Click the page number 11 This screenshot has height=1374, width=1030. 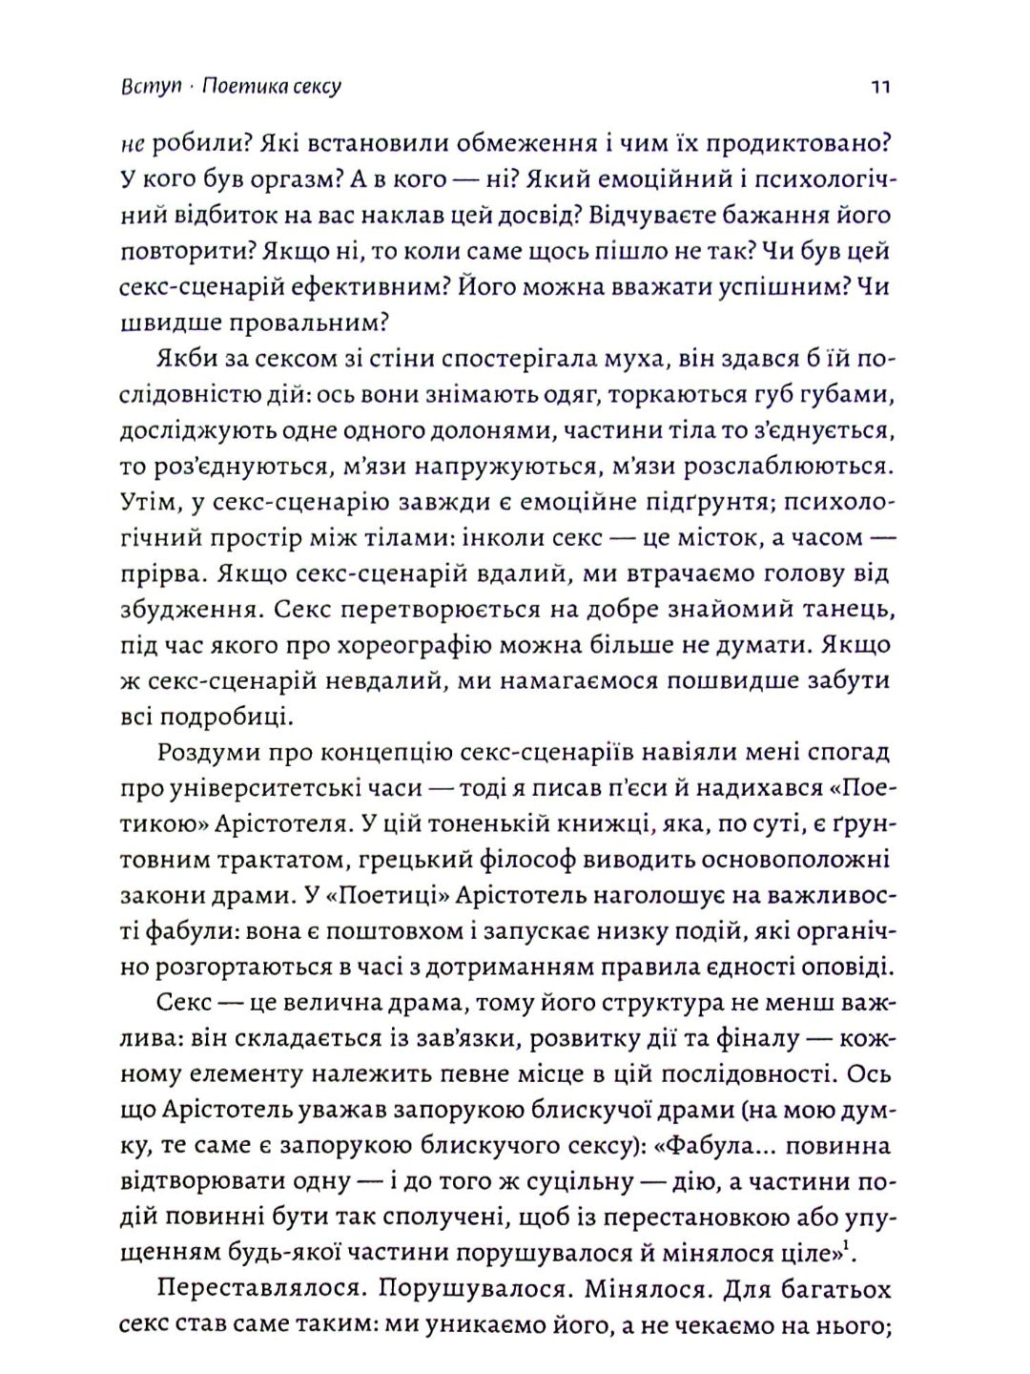[880, 87]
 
